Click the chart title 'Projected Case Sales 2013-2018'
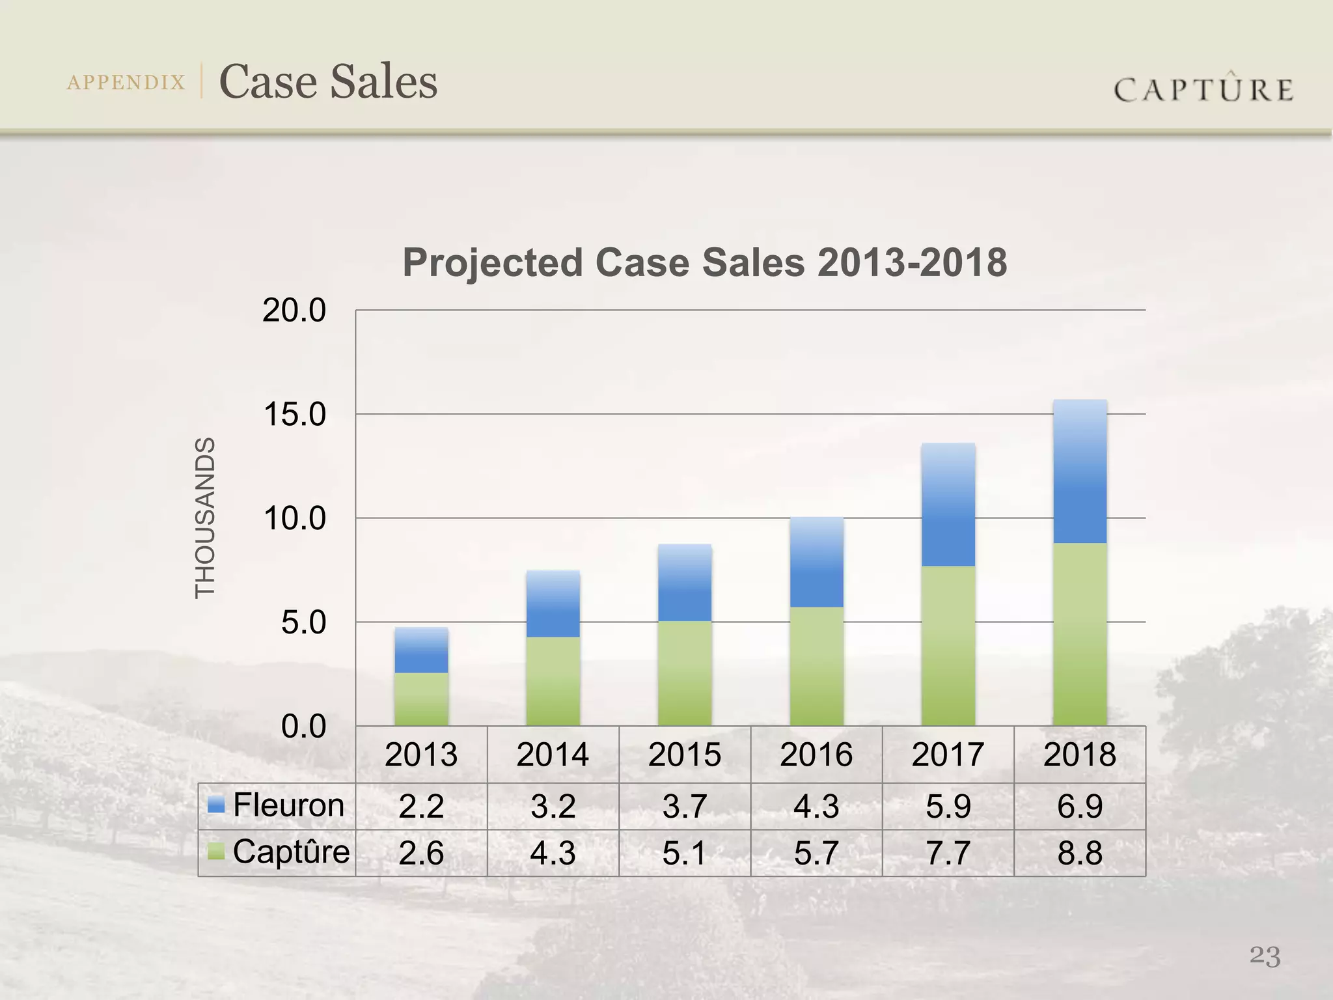pyautogui.click(x=704, y=262)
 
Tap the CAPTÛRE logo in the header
pyautogui.click(x=1203, y=89)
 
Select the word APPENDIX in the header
pyautogui.click(x=126, y=83)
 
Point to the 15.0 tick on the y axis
pyautogui.click(x=294, y=415)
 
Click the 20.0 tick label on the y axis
pyautogui.click(x=294, y=311)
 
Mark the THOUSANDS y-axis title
pyautogui.click(x=205, y=518)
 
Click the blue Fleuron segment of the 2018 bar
pyautogui.click(x=1080, y=472)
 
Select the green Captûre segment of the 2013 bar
pyautogui.click(x=421, y=699)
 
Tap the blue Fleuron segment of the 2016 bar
pyautogui.click(x=816, y=562)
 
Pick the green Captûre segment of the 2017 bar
pyautogui.click(x=948, y=646)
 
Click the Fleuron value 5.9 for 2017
pyautogui.click(x=948, y=806)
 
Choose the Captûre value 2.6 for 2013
pyautogui.click(x=421, y=853)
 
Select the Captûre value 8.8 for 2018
pyautogui.click(x=1080, y=853)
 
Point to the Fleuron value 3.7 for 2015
pyautogui.click(x=685, y=806)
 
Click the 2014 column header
pyautogui.click(x=553, y=755)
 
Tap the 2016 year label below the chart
pyautogui.click(x=816, y=755)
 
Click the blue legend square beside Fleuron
pyautogui.click(x=216, y=805)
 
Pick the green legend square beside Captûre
pyautogui.click(x=216, y=852)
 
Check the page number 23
pyautogui.click(x=1265, y=956)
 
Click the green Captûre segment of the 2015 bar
pyautogui.click(x=685, y=673)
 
